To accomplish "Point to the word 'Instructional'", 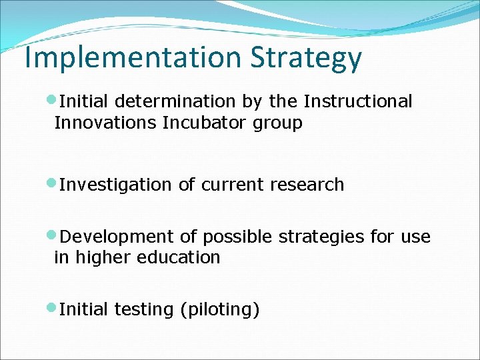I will click(358, 101).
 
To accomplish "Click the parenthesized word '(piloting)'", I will click(220, 310).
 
